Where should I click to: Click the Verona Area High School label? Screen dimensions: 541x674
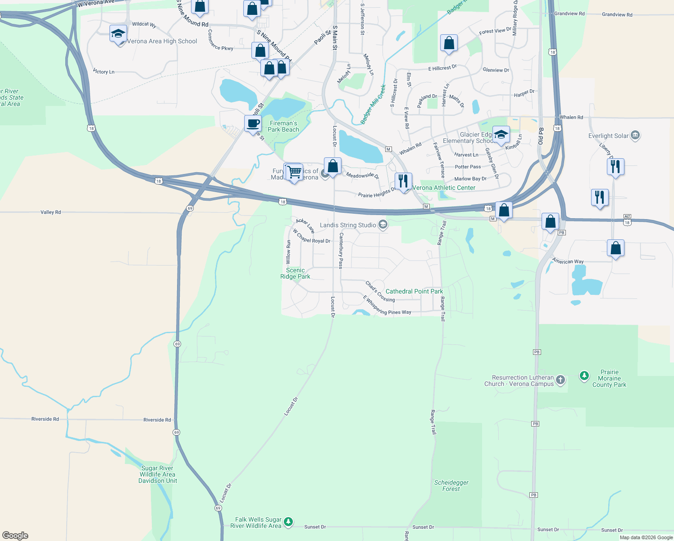pos(162,41)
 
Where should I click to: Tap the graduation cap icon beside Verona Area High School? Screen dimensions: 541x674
pos(118,34)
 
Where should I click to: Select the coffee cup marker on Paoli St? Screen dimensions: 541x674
pos(253,123)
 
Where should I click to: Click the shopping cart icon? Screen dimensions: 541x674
pos(294,172)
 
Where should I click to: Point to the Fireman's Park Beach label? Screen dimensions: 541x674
pos(283,126)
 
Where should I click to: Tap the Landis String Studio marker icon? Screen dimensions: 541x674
pos(383,225)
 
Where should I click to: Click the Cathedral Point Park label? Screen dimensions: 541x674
pos(414,291)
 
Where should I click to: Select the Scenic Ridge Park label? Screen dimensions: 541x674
pos(295,273)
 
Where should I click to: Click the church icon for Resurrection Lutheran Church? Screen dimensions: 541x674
pos(560,380)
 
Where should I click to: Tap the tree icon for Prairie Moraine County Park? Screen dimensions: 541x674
pos(584,376)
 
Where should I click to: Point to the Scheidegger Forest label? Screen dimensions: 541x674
pos(451,486)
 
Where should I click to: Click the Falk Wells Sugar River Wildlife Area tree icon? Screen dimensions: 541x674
pos(288,522)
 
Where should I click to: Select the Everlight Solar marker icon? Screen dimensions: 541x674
pos(635,135)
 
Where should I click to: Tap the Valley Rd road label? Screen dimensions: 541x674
pos(50,212)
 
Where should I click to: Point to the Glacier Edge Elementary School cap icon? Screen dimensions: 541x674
pos(501,135)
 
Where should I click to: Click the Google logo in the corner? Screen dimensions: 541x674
pos(15,536)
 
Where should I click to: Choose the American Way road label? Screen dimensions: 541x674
pos(568,261)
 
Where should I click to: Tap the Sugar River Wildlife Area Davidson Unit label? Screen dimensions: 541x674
pos(157,474)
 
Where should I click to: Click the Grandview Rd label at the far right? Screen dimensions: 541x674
pos(617,14)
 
